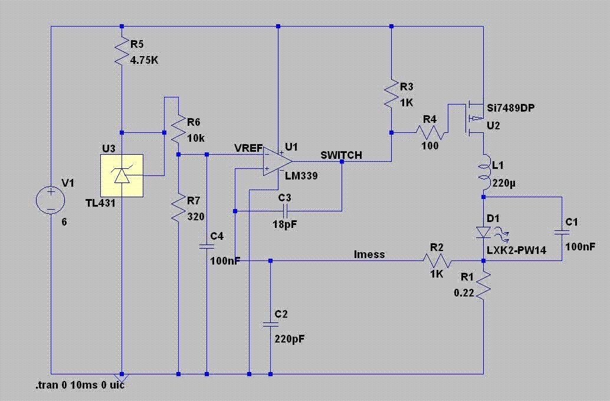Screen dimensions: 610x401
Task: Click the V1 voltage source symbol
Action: [x=51, y=200]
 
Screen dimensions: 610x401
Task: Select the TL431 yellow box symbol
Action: [x=122, y=175]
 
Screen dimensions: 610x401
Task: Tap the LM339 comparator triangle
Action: [x=278, y=161]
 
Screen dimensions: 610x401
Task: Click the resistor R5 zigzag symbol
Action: [x=122, y=51]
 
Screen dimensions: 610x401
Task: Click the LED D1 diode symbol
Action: [x=484, y=233]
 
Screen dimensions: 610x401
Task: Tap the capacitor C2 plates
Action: [x=270, y=324]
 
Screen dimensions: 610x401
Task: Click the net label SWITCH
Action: [x=341, y=155]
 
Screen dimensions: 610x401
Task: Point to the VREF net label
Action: [x=248, y=148]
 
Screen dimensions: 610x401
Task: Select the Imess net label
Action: [x=369, y=254]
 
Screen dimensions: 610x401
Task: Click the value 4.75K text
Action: [x=144, y=61]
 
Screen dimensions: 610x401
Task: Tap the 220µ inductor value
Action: [x=504, y=183]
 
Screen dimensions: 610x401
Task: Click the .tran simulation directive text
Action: [x=80, y=386]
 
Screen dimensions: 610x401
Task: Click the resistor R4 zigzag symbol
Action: [x=430, y=132]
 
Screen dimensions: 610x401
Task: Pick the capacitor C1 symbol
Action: [x=562, y=233]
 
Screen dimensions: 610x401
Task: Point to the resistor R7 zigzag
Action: [x=178, y=208]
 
